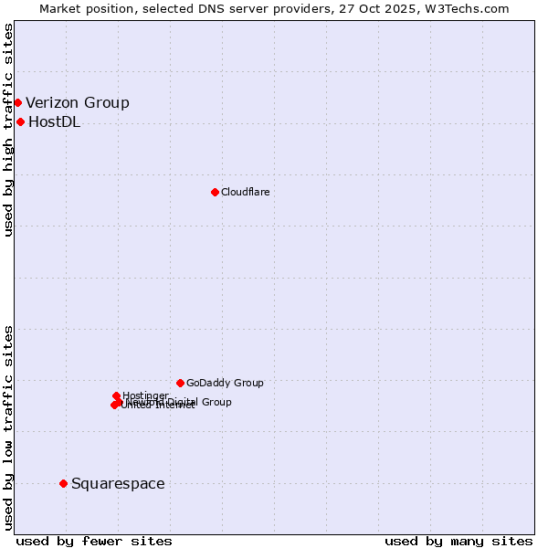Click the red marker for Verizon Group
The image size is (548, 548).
[17, 102]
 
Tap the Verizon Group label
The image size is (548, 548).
[78, 103]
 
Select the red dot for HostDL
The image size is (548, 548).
[20, 121]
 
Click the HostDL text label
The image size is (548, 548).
[54, 122]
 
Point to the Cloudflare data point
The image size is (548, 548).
[215, 192]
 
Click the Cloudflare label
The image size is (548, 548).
[245, 192]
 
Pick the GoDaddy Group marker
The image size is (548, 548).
[180, 383]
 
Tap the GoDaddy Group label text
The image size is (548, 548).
[225, 383]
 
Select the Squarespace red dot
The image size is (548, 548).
[63, 483]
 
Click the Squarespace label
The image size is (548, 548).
[118, 484]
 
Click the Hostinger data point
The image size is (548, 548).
[116, 395]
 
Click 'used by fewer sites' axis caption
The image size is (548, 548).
[94, 541]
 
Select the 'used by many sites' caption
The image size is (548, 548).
[458, 541]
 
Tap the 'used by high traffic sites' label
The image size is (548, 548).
[8, 130]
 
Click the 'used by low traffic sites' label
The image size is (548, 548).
[8, 427]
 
